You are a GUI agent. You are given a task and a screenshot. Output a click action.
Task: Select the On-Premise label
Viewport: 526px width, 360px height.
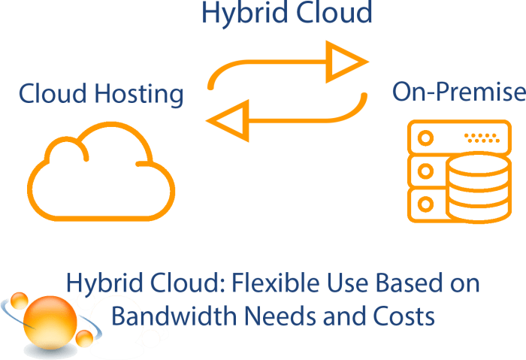coord(458,93)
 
